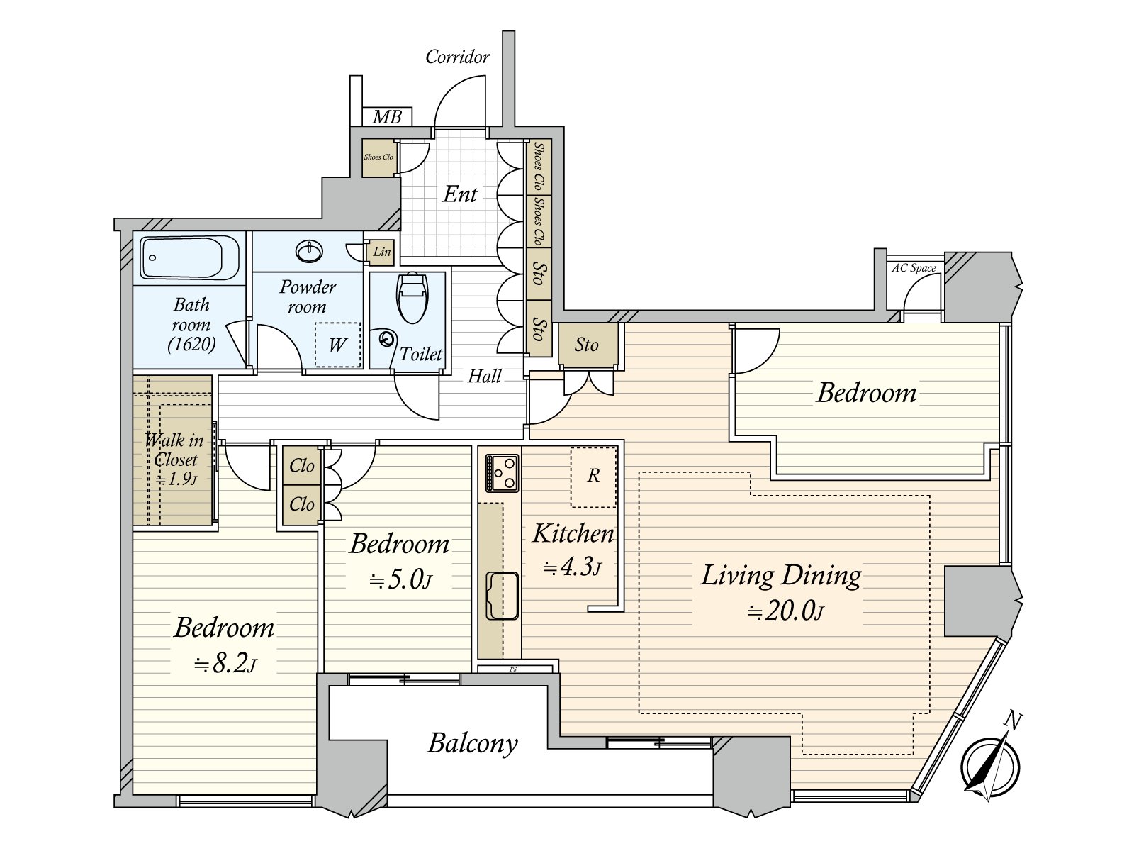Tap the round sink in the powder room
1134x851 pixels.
coord(310,252)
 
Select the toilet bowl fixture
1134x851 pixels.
coord(412,298)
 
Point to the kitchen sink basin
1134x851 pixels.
coord(502,596)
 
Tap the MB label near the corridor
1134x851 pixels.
coord(387,117)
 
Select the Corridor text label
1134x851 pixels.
coord(457,57)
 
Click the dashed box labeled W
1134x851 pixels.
coord(338,345)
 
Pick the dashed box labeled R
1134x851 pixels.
coord(594,477)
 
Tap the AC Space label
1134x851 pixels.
coord(914,268)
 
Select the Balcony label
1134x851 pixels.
coord(472,744)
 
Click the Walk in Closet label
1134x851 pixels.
coord(174,450)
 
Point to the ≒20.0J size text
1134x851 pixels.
coord(785,611)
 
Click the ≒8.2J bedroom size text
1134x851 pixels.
coord(225,664)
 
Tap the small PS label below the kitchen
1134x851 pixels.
coord(513,669)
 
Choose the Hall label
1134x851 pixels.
coord(484,376)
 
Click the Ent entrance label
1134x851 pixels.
coord(460,194)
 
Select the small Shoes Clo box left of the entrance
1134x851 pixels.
coord(378,157)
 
